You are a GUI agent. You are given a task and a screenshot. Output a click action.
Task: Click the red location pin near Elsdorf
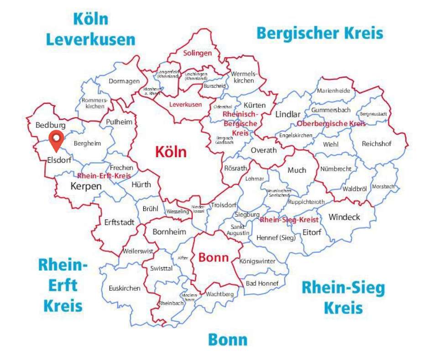click(56, 139)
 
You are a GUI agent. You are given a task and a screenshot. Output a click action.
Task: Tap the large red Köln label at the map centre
click(171, 151)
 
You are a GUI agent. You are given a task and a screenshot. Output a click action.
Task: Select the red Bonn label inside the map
click(213, 258)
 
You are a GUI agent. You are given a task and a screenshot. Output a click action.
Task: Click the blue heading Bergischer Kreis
click(319, 33)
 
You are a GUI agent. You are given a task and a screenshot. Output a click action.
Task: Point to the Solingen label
click(198, 53)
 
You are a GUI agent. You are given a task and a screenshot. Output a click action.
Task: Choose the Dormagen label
click(124, 81)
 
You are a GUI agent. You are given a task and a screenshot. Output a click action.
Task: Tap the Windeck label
click(344, 217)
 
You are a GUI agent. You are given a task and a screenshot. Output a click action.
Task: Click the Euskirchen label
click(125, 288)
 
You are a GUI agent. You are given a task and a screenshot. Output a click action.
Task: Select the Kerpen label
click(86, 186)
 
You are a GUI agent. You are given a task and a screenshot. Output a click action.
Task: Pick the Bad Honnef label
click(262, 283)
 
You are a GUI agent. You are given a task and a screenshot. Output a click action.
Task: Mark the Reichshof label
click(377, 143)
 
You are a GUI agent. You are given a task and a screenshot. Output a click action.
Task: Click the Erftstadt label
click(119, 222)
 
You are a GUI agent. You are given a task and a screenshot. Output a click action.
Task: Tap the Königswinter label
click(257, 261)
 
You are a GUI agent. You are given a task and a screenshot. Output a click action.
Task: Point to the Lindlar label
click(288, 114)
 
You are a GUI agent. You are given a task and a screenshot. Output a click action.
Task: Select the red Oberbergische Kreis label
click(331, 124)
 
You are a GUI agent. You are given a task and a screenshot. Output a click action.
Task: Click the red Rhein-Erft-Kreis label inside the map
click(104, 175)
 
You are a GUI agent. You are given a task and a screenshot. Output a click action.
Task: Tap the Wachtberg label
click(220, 294)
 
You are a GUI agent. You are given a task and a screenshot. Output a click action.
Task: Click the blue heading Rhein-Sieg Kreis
click(343, 298)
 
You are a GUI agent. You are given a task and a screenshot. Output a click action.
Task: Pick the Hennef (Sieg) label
click(276, 238)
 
